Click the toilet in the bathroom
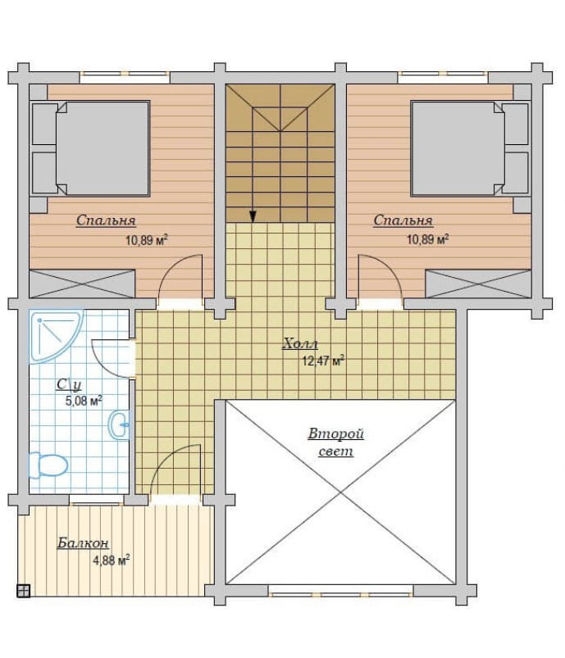tap(48, 465)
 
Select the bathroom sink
tap(119, 425)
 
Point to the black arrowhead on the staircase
tap(253, 216)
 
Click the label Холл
tap(300, 343)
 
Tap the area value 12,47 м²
tap(323, 361)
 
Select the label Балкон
tap(83, 543)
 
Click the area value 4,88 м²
tap(111, 560)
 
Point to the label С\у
tap(69, 384)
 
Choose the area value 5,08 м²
tap(84, 401)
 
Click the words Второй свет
tap(335, 442)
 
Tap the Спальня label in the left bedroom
tap(106, 220)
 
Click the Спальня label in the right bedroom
tap(403, 220)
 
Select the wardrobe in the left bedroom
tap(82, 284)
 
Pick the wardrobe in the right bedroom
tap(478, 284)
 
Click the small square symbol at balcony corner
tap(23, 591)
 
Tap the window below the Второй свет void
tap(340, 594)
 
